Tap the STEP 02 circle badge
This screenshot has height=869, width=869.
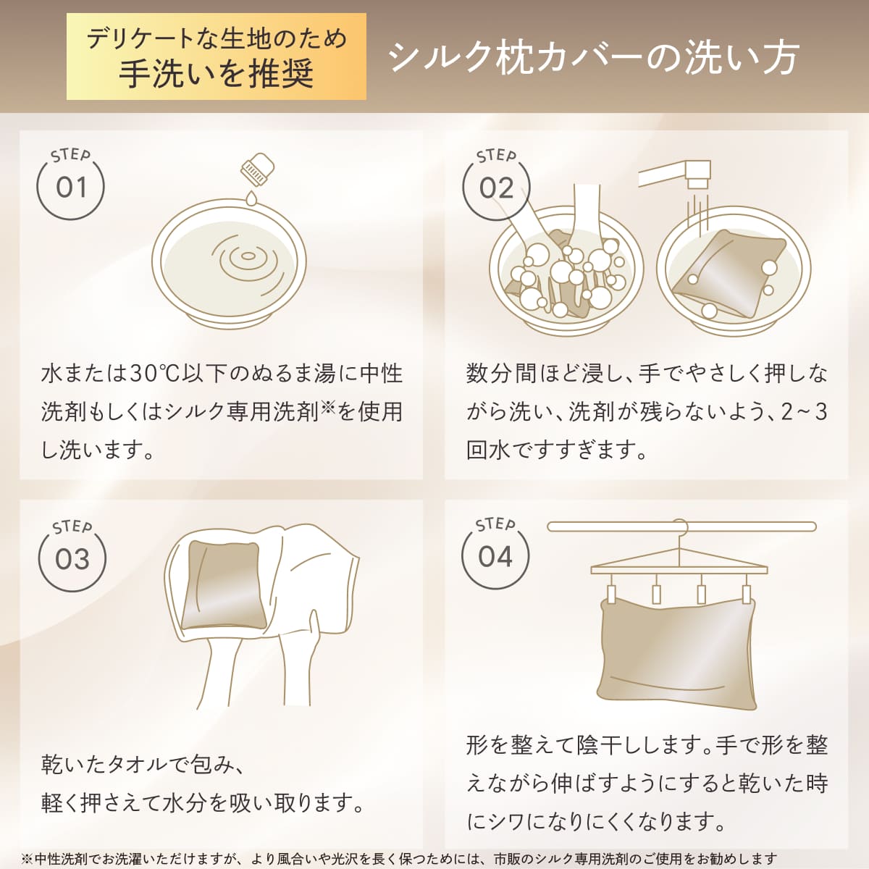(x=496, y=188)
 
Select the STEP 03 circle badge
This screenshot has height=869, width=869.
(x=72, y=558)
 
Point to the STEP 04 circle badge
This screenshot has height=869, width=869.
(x=495, y=556)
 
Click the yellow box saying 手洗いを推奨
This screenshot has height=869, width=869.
(x=217, y=56)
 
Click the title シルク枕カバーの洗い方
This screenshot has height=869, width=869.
(x=594, y=57)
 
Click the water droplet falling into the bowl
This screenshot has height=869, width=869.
(x=250, y=198)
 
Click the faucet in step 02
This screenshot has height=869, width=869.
(x=677, y=174)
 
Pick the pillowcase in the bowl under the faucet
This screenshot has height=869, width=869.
(x=728, y=274)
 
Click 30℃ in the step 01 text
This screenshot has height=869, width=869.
(x=149, y=374)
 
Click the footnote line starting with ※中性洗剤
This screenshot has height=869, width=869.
(x=399, y=859)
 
